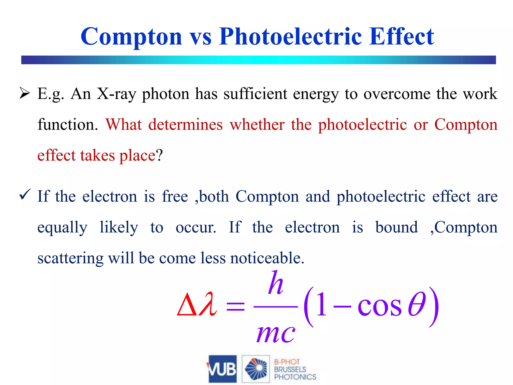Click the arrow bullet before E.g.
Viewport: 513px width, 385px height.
tap(25, 94)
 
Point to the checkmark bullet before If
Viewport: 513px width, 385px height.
tap(25, 195)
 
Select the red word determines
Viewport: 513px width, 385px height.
tap(185, 125)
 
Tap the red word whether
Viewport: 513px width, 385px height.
tap(257, 125)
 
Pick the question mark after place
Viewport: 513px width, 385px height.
tap(159, 155)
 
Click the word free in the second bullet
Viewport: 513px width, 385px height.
tap(175, 196)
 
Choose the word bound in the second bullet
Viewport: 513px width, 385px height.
tap(397, 227)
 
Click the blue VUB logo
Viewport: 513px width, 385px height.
tap(222, 369)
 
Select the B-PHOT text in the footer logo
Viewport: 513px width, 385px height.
tap(287, 362)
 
